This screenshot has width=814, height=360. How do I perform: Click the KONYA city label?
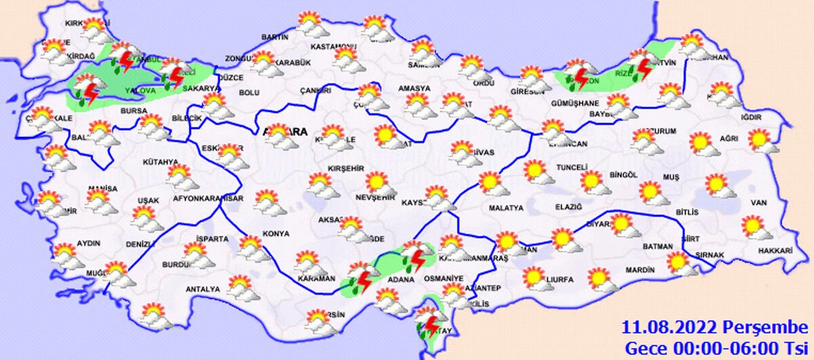pos(275,234)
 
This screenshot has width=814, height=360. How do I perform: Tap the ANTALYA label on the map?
pos(203,289)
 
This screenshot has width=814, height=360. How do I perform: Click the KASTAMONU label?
pos(333,47)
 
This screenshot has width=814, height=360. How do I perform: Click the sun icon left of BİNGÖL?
pos(591,180)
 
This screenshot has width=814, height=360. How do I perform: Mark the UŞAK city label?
pos(148,201)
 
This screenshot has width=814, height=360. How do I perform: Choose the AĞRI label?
pos(728,138)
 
